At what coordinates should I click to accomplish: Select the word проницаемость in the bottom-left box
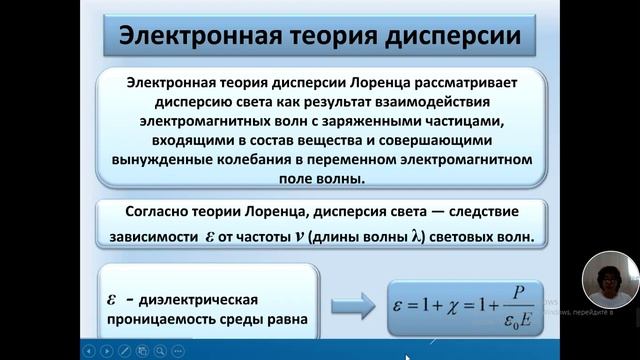[x=161, y=320]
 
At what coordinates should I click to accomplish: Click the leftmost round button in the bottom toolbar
[x=91, y=350]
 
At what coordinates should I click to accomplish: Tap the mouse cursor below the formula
[x=408, y=356]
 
